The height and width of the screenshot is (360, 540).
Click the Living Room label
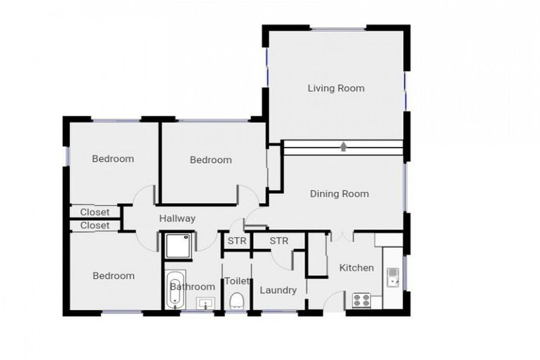(x=336, y=88)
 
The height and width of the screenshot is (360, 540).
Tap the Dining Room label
(x=340, y=193)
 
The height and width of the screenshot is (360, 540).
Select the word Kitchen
(x=356, y=268)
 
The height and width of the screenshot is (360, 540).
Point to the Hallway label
(x=177, y=219)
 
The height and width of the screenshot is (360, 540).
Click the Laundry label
(x=278, y=290)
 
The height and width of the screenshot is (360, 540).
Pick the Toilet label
(x=237, y=281)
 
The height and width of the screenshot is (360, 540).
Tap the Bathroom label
(x=193, y=287)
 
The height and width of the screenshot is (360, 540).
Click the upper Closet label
(x=95, y=212)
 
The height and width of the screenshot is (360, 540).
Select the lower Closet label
(x=95, y=225)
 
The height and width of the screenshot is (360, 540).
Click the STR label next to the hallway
(x=237, y=240)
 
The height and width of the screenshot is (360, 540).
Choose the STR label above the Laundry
(x=279, y=240)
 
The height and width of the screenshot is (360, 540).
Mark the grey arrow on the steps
(x=343, y=147)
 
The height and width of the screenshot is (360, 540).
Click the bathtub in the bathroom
(x=176, y=290)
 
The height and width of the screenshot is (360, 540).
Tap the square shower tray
(x=178, y=245)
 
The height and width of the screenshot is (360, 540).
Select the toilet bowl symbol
(x=236, y=300)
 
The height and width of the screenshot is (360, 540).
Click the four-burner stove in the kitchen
(x=361, y=300)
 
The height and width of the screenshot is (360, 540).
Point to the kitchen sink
(x=392, y=277)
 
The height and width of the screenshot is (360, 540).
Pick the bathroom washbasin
(x=205, y=304)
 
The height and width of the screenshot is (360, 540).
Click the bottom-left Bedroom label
(x=114, y=276)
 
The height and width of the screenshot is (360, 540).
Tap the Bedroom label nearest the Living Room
(x=211, y=160)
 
